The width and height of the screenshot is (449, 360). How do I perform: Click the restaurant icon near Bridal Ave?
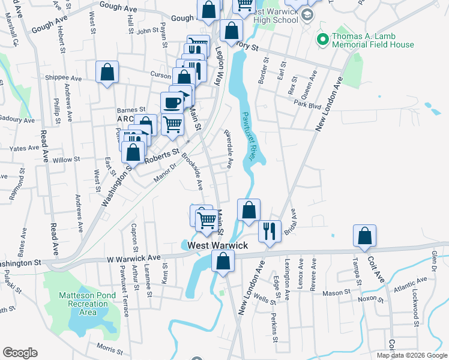tap(268, 231)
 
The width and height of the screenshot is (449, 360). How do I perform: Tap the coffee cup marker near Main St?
tap(172, 103)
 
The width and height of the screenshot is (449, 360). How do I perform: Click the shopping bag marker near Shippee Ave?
tap(107, 73)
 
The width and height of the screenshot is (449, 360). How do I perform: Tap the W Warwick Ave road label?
tap(134, 259)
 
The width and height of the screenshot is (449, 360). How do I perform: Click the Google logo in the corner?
tap(20, 353)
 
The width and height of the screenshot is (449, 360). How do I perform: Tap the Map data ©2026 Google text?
tap(412, 355)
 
